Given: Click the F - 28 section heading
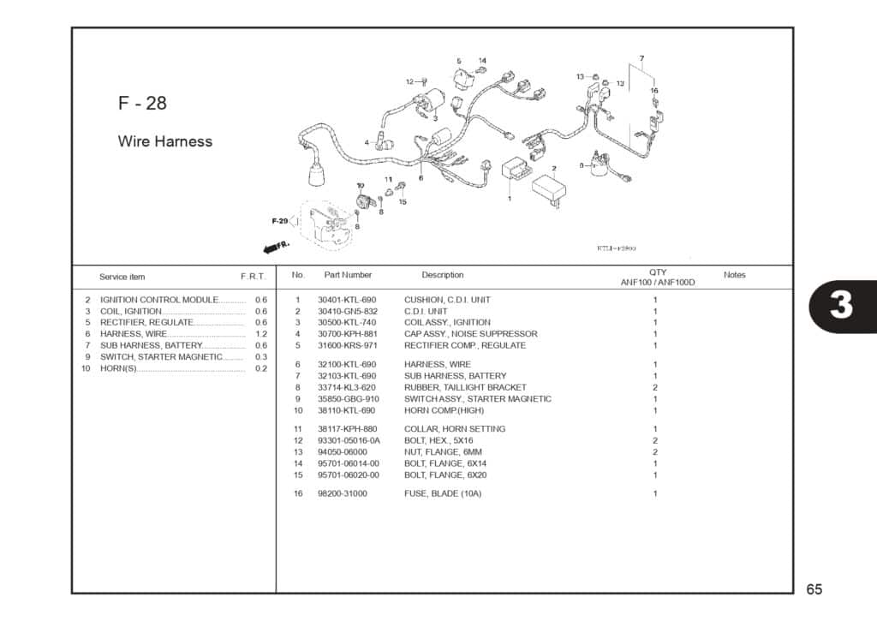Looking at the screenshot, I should pyautogui.click(x=142, y=104).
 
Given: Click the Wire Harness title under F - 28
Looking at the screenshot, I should pyautogui.click(x=164, y=141).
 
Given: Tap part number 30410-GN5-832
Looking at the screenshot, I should pyautogui.click(x=347, y=312).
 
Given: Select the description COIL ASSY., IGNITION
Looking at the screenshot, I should pyautogui.click(x=447, y=323).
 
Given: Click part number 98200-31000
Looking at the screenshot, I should pyautogui.click(x=342, y=494).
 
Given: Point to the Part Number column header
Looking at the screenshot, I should pyautogui.click(x=348, y=275).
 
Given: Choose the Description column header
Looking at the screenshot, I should pyautogui.click(x=442, y=275).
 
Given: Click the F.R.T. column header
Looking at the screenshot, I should pyautogui.click(x=253, y=277).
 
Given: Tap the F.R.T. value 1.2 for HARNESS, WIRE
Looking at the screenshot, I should pyautogui.click(x=261, y=334).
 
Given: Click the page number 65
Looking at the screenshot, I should pyautogui.click(x=814, y=589).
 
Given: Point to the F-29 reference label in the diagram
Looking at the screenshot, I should pyautogui.click(x=280, y=221).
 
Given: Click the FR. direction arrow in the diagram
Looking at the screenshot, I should pyautogui.click(x=277, y=247).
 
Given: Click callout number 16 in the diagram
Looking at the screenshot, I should pyautogui.click(x=654, y=91).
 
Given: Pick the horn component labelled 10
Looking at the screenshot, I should pyautogui.click(x=366, y=202).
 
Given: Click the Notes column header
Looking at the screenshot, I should pyautogui.click(x=734, y=275).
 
